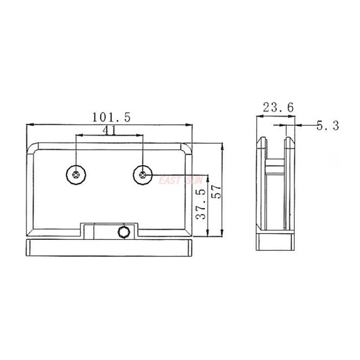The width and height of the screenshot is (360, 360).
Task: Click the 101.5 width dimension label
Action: click(x=111, y=117)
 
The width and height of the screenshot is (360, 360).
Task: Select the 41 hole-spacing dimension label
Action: click(x=109, y=130)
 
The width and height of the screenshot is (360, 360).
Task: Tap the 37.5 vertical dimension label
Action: click(x=201, y=203)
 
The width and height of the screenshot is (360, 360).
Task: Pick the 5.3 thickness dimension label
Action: click(x=327, y=126)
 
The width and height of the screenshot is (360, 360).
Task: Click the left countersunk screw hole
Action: click(x=76, y=174)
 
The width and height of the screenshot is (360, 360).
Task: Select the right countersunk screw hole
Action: click(x=143, y=175)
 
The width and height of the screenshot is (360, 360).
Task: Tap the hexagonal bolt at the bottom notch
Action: click(x=122, y=232)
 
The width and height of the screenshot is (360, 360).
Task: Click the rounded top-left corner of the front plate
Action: click(x=33, y=148)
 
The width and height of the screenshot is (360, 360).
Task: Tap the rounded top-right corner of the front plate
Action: click(x=186, y=148)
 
